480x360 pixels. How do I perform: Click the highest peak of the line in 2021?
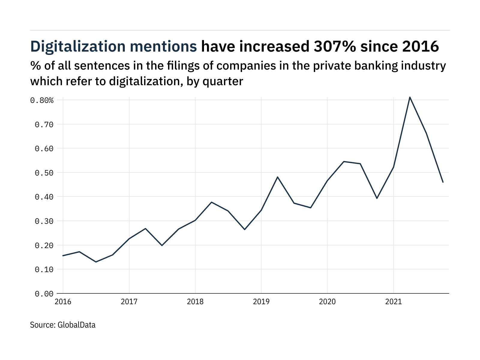tap(410, 97)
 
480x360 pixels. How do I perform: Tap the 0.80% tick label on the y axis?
tap(42, 100)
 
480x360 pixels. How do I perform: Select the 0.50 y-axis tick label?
tap(44, 173)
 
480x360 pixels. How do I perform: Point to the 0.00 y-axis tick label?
tap(44, 294)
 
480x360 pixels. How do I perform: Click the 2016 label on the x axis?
tap(63, 301)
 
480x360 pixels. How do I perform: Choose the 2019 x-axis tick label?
tap(261, 301)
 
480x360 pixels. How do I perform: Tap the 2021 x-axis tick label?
tap(393, 301)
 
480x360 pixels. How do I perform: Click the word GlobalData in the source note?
tap(76, 325)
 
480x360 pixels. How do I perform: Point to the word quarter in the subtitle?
tap(223, 81)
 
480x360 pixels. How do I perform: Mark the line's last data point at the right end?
tap(443, 182)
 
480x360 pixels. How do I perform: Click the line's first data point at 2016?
tap(63, 256)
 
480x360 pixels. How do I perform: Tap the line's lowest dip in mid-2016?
tap(96, 262)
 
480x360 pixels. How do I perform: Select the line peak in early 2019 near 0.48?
tap(278, 177)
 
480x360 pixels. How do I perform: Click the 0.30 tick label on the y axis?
tap(44, 221)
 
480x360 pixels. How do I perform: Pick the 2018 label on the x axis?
tap(195, 301)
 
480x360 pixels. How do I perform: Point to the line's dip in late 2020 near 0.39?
tap(377, 198)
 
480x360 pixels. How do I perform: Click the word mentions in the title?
tap(163, 46)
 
